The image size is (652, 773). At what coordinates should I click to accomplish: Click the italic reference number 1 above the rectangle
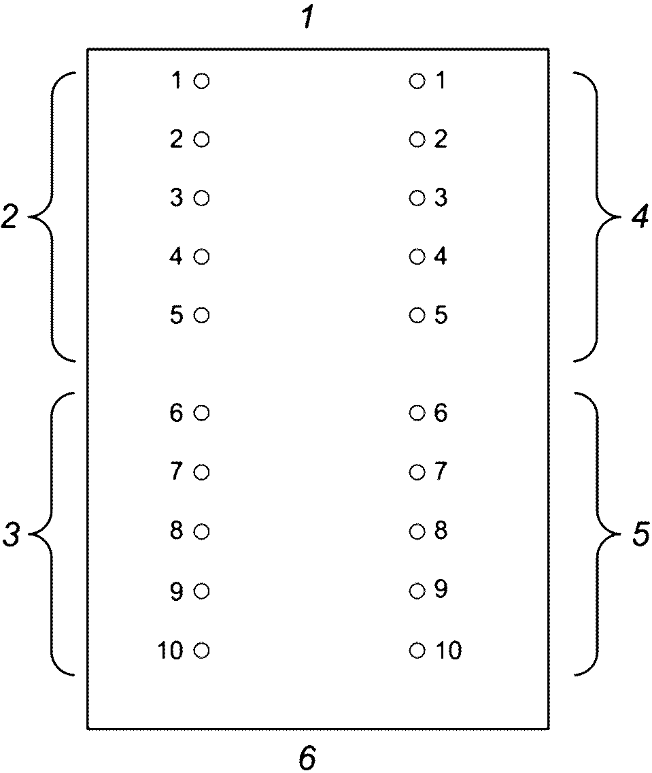307,19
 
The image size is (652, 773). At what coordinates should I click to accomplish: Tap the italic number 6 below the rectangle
308,757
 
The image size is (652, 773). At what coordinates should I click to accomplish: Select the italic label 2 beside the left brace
10,218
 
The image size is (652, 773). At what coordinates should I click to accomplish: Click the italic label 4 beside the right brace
640,218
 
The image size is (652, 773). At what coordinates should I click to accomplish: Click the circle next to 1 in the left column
201,82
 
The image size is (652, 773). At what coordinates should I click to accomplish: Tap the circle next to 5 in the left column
201,316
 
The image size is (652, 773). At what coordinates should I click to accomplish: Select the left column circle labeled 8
201,531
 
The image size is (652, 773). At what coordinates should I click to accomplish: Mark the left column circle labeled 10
201,651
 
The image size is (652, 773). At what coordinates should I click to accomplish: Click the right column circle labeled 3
417,199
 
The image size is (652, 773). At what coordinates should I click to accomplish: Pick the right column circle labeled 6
417,413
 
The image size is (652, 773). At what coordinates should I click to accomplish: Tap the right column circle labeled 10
417,651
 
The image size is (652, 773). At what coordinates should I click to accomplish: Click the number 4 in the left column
177,257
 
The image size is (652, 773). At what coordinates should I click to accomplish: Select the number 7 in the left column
177,472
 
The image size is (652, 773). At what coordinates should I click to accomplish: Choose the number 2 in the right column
441,140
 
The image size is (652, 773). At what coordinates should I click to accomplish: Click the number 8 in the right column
441,531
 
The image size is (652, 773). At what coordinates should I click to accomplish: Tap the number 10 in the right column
448,651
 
